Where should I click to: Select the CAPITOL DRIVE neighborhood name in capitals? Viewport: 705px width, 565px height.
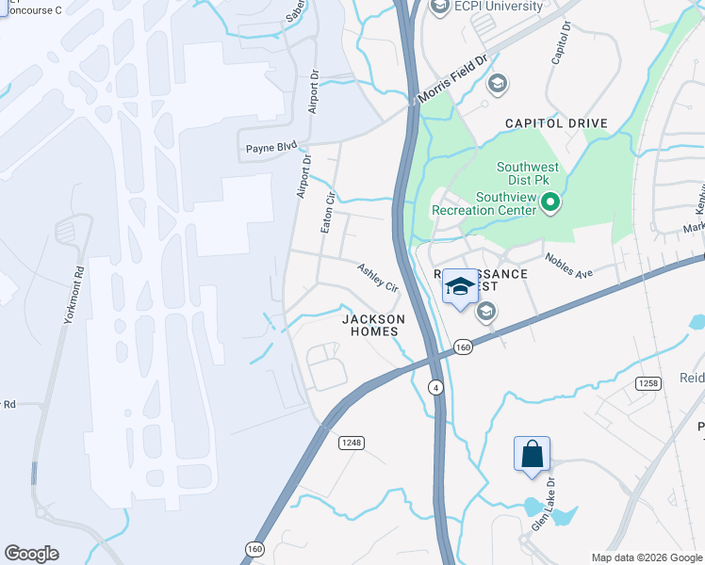pyautogui.click(x=556, y=123)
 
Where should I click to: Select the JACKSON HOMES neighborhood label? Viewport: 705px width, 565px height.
pyautogui.click(x=373, y=326)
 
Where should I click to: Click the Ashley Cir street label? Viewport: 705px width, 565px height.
pyautogui.click(x=378, y=277)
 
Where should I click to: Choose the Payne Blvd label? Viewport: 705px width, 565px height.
pyautogui.click(x=271, y=147)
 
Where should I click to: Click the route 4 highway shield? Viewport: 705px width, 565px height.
pyautogui.click(x=435, y=387)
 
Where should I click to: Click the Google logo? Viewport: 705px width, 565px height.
pyautogui.click(x=31, y=554)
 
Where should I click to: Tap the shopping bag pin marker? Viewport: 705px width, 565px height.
pyautogui.click(x=532, y=454)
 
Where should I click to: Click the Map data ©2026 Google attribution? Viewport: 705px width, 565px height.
pyautogui.click(x=646, y=557)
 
